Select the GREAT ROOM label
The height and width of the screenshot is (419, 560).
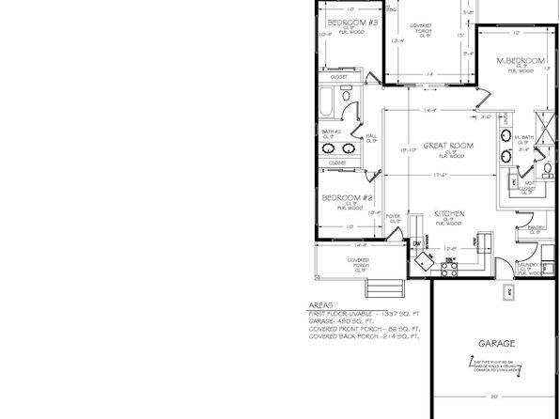tap(447, 146)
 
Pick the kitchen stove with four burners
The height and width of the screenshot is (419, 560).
tap(450, 264)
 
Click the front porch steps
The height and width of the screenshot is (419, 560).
tap(378, 286)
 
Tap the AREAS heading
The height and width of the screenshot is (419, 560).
tap(320, 305)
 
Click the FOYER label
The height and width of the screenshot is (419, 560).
tap(394, 216)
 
